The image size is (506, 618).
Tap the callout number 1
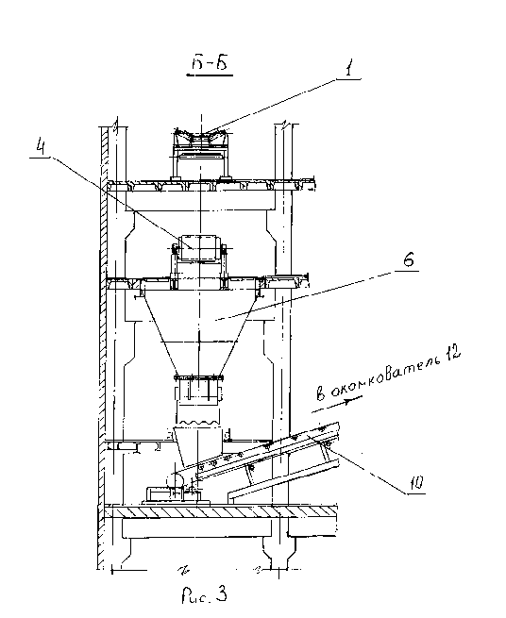pyautogui.click(x=348, y=69)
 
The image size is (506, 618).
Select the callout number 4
pyautogui.click(x=41, y=145)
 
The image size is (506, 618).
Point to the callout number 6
pyautogui.click(x=409, y=260)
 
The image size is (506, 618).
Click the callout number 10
pyautogui.click(x=416, y=482)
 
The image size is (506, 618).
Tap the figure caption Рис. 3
pyautogui.click(x=204, y=595)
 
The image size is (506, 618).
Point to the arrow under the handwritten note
pyautogui.click(x=337, y=405)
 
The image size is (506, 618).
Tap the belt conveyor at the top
pyautogui.click(x=201, y=137)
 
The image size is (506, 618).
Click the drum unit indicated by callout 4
pyautogui.click(x=198, y=247)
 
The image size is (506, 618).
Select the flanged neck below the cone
pyautogui.click(x=198, y=388)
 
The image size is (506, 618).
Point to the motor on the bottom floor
pyautogui.click(x=159, y=494)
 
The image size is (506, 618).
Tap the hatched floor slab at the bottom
pyautogui.click(x=220, y=511)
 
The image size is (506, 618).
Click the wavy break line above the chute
pyautogui.click(x=198, y=423)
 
